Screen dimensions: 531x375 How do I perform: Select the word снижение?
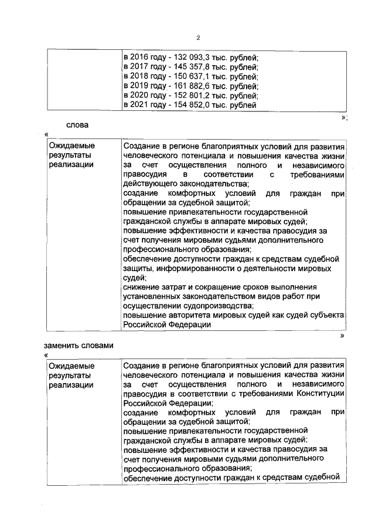click(141, 287)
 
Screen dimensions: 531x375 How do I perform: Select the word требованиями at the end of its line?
click(321, 175)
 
